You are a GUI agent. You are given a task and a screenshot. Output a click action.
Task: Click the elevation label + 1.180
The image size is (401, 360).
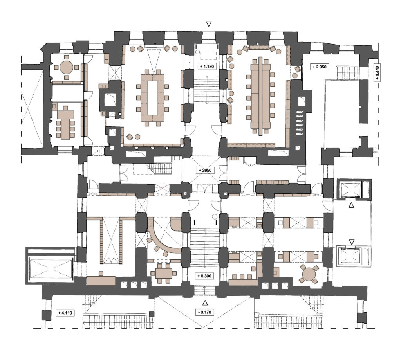tap(207, 67)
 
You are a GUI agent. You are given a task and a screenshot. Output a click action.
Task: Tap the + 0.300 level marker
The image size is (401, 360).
tap(204, 276)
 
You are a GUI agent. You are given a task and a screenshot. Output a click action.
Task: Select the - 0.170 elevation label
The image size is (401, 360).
tap(204, 312)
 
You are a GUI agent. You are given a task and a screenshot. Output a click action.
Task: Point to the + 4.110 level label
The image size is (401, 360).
tap(65, 313)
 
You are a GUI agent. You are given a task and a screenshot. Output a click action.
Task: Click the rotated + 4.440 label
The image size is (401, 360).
tap(378, 72)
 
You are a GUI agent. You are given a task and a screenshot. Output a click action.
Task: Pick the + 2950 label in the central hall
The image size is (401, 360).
tap(205, 170)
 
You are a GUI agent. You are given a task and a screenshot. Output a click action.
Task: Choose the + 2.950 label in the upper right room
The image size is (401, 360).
tap(320, 67)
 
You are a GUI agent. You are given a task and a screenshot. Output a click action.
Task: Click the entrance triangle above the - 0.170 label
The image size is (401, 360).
tap(205, 303)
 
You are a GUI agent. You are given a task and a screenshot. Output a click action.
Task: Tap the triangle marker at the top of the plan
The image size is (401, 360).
tap(209, 24)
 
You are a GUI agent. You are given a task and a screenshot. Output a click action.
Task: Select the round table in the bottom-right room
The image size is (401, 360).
tap(309, 274)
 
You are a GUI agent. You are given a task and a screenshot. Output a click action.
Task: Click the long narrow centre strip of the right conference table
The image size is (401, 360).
tap(260, 96)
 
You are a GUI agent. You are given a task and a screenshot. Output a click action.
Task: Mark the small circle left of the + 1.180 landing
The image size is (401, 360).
tap(197, 52)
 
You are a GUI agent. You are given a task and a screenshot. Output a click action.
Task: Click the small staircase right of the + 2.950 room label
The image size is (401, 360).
tap(347, 73)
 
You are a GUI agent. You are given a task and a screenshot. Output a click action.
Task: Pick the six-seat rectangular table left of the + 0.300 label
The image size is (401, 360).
tap(164, 274)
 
